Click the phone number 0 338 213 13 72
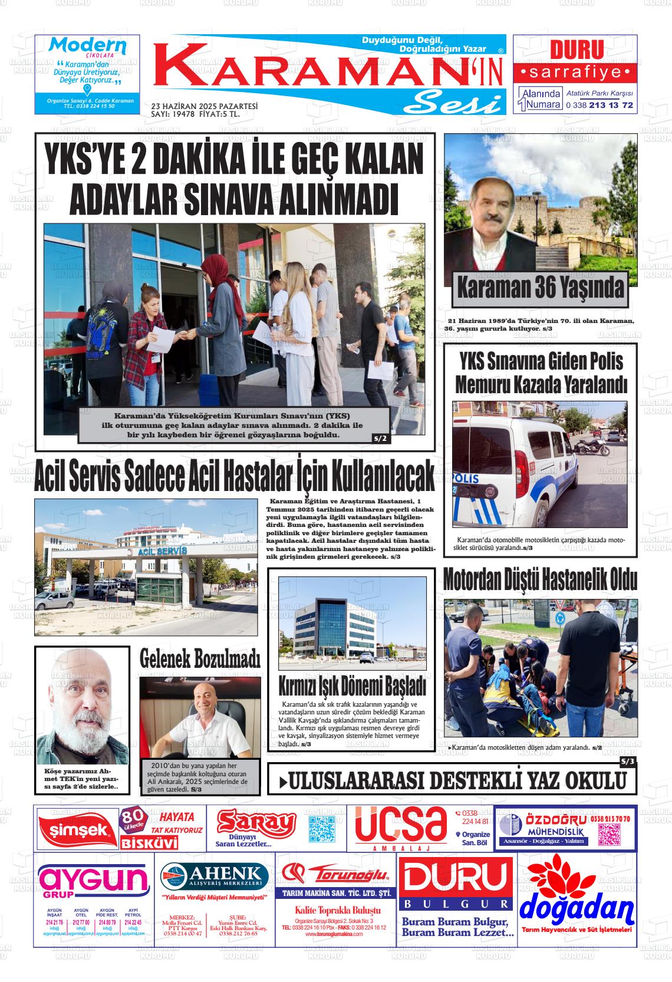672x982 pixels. coord(599,105)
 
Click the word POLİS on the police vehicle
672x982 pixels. coord(467,479)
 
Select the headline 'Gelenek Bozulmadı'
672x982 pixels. coord(200,659)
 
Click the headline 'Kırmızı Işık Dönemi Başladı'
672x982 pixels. coord(352,686)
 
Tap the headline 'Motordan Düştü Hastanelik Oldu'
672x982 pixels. coord(539,580)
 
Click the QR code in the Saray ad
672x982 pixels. coord(322,828)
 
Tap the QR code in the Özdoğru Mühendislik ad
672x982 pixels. coord(610,834)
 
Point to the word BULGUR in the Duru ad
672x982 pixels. coord(456,904)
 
